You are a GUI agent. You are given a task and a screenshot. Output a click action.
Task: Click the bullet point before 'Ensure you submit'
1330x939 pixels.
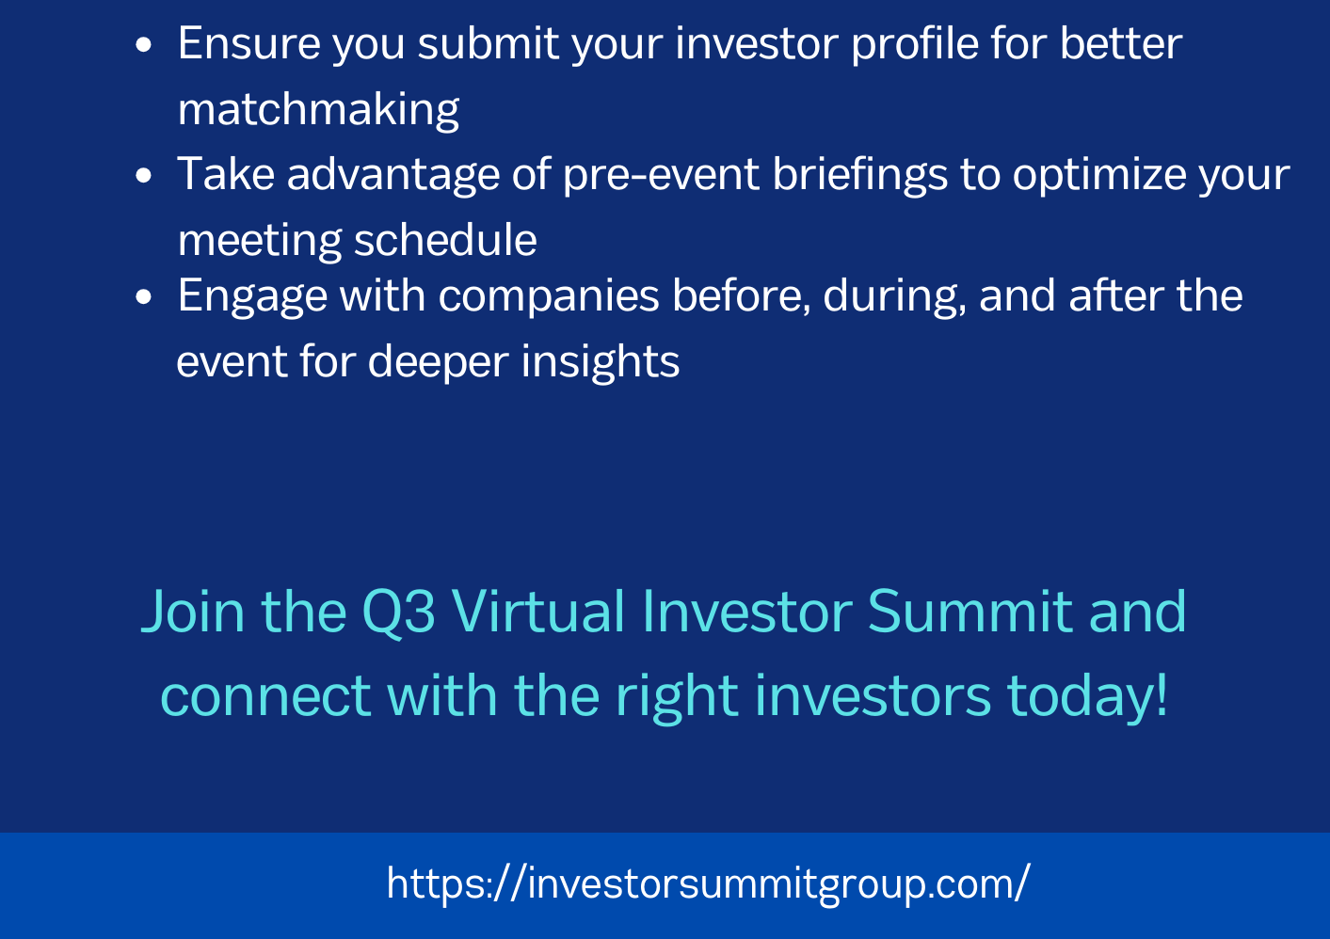tap(144, 45)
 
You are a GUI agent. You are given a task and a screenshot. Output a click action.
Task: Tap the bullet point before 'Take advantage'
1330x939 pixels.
tap(144, 175)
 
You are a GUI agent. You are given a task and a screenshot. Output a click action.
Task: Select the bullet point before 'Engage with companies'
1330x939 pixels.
tap(144, 296)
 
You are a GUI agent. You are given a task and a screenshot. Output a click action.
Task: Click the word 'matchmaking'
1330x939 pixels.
tap(318, 110)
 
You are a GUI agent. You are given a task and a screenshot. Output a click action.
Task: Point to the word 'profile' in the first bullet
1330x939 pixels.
tap(915, 44)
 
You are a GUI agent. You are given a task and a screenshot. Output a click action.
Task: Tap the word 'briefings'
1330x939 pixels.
tap(859, 175)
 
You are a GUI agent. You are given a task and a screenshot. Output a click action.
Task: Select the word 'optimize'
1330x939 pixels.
tap(1098, 175)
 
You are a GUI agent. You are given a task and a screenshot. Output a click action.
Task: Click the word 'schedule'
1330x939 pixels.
tap(445, 240)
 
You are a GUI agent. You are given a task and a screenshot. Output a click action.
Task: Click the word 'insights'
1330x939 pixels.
tap(601, 361)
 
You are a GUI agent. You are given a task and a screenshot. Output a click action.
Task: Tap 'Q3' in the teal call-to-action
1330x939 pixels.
tap(398, 612)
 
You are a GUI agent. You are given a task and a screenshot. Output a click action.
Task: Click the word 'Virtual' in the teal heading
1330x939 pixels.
tap(537, 611)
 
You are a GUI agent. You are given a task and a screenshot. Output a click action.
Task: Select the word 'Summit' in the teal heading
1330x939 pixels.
tap(970, 611)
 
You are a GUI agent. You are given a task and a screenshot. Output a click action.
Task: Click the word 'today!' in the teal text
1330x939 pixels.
tap(1087, 695)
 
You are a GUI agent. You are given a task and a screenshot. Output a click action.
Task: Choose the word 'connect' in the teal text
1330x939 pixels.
tap(266, 697)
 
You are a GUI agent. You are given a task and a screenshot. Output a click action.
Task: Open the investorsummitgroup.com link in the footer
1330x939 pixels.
tap(708, 883)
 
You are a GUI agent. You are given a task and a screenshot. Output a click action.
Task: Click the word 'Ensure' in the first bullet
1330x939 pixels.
tap(249, 44)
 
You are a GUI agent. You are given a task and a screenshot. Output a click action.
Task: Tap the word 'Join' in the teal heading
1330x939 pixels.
tap(193, 611)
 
